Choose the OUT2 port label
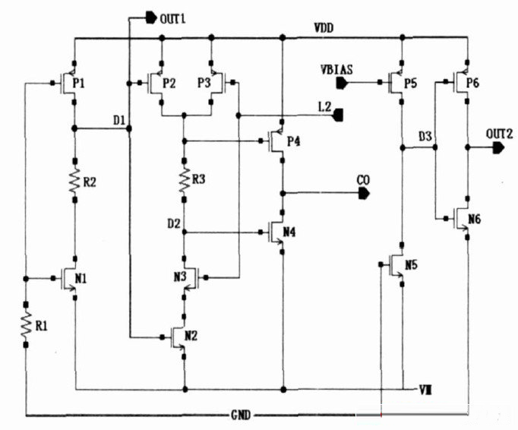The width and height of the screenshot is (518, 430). (500, 134)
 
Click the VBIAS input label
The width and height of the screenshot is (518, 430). (335, 69)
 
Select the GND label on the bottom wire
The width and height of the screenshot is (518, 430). (242, 416)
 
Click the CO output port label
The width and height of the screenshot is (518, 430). (363, 180)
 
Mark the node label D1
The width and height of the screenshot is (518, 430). (118, 120)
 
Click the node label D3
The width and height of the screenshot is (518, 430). (425, 136)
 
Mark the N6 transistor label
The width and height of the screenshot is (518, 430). (474, 218)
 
